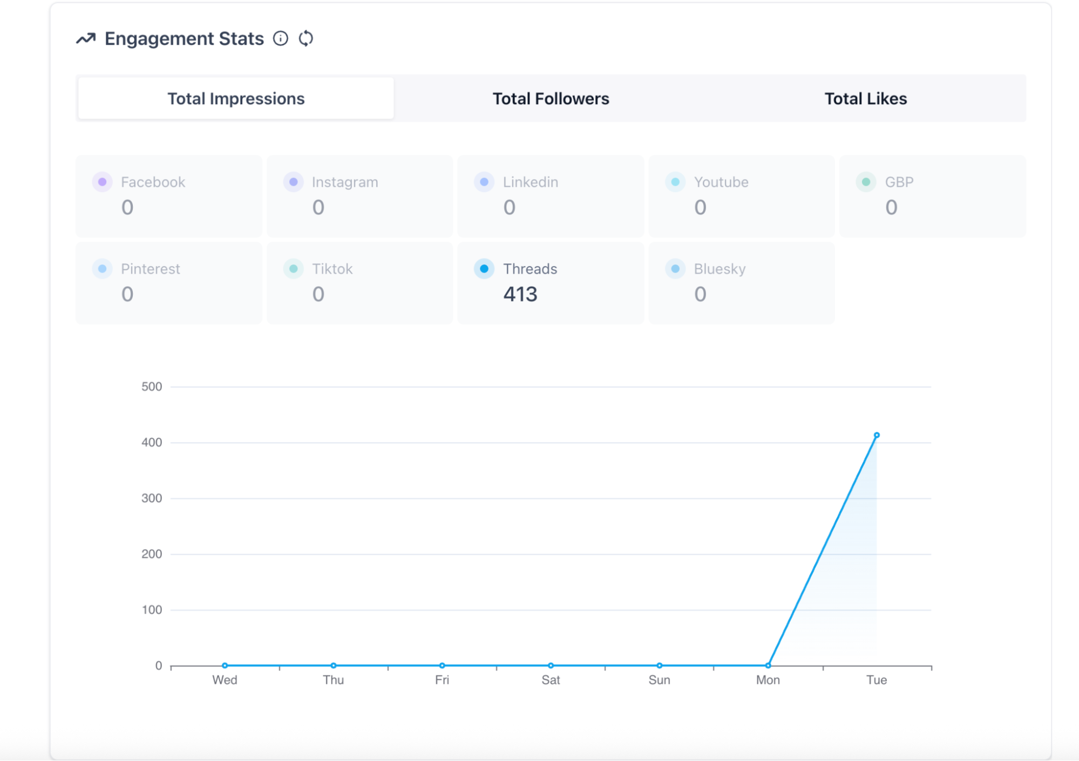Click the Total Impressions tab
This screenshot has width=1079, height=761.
click(x=236, y=99)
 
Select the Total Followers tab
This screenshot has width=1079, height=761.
click(x=551, y=99)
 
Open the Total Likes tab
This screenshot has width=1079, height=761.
click(x=865, y=99)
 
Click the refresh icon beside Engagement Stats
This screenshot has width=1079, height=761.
click(x=306, y=38)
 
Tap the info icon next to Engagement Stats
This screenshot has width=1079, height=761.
click(x=281, y=38)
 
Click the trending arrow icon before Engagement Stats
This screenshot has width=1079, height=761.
click(x=86, y=38)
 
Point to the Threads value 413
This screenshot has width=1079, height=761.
click(x=520, y=294)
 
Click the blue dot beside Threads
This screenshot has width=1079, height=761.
click(x=484, y=269)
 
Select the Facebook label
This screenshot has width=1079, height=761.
click(x=153, y=182)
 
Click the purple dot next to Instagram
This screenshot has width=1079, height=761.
click(x=293, y=182)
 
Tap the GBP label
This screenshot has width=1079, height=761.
click(x=899, y=182)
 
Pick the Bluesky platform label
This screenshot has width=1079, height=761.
click(x=720, y=269)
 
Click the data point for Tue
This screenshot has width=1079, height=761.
click(x=877, y=435)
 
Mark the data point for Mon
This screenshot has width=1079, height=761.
click(x=768, y=665)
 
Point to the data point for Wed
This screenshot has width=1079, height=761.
click(x=225, y=665)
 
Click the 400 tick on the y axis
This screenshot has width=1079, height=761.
click(x=152, y=443)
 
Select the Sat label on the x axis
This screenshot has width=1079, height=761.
click(x=551, y=680)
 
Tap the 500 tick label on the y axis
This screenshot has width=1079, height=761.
click(x=152, y=386)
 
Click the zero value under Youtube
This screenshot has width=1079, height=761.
click(x=700, y=207)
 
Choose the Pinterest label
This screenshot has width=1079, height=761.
click(x=150, y=269)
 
